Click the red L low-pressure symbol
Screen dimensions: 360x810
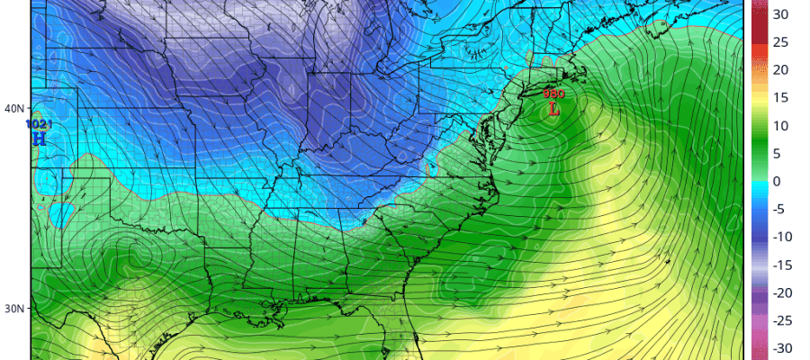[553, 109]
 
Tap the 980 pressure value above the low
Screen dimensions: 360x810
[553, 94]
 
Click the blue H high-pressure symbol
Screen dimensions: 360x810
[39, 139]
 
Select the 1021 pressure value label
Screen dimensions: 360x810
[39, 123]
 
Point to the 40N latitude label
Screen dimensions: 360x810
[14, 109]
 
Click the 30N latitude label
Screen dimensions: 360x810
[14, 309]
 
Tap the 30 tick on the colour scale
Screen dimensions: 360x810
[780, 14]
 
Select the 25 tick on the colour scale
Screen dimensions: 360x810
[780, 42]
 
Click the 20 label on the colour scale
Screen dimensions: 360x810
[780, 70]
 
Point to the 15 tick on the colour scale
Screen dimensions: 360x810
[780, 98]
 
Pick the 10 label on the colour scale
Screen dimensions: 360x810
[780, 126]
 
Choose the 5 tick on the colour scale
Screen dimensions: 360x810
[780, 154]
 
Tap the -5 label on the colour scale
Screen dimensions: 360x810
[780, 210]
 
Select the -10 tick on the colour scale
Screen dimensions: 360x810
[780, 238]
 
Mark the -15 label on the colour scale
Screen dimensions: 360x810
[780, 265]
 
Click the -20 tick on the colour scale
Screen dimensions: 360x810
[780, 293]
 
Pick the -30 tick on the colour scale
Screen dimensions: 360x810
[780, 348]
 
